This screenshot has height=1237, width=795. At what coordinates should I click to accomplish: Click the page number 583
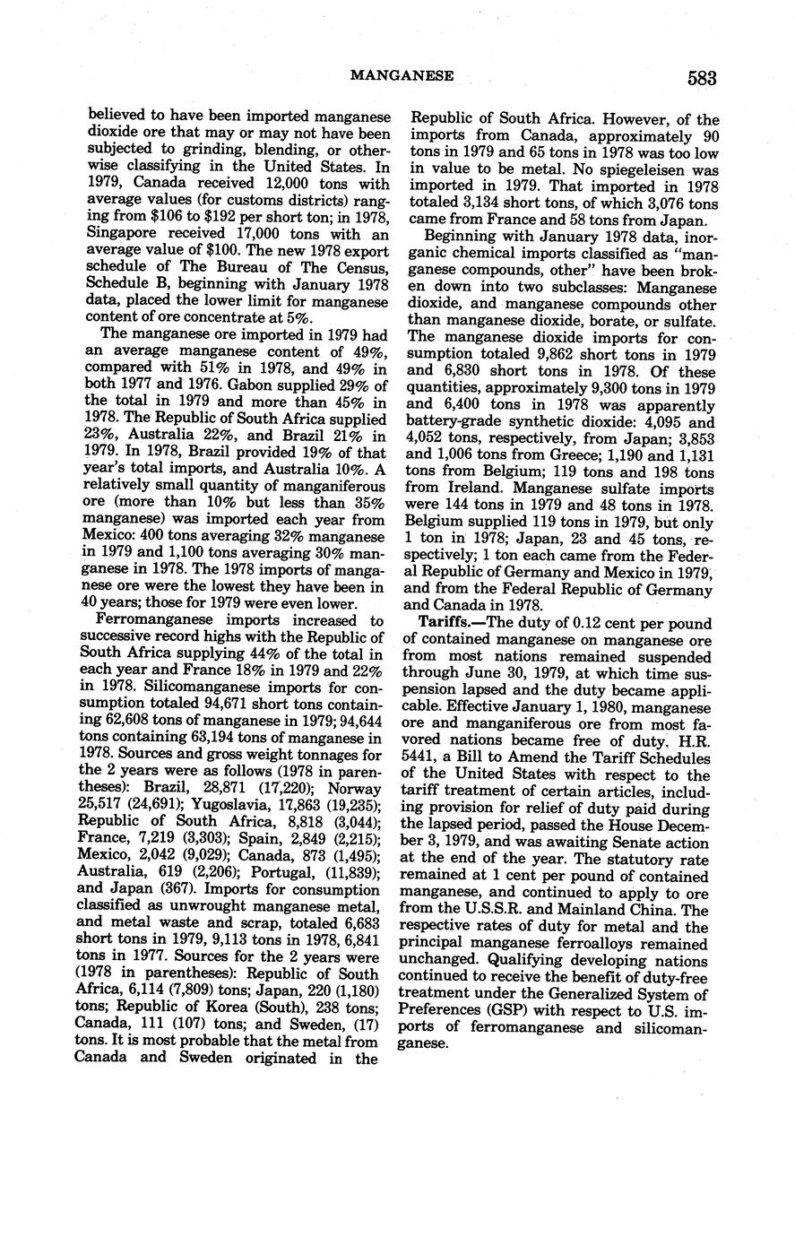(703, 78)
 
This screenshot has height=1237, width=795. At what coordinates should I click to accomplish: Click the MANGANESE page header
(401, 77)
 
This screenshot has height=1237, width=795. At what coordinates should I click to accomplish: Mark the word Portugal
(274, 867)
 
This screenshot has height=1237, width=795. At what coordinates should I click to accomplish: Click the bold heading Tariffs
(452, 622)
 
